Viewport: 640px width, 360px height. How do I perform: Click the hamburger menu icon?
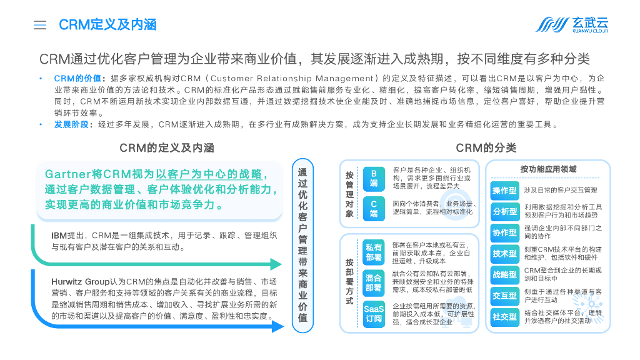40,25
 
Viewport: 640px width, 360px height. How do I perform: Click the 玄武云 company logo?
572,25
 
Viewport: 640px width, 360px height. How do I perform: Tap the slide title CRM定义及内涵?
107,25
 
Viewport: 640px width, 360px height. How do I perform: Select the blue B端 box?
374,178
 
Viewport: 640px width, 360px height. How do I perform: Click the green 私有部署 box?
374,253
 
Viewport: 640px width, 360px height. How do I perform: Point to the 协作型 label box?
504,232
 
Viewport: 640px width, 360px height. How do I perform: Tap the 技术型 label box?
504,254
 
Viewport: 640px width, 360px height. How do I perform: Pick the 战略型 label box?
504,274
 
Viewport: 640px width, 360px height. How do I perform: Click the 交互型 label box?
504,296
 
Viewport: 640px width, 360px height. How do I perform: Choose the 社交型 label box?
504,316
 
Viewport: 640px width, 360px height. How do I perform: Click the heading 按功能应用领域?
548,169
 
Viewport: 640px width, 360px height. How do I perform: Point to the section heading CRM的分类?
486,147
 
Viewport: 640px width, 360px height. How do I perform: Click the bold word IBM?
59,236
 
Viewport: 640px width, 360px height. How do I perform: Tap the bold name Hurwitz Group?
81,282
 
